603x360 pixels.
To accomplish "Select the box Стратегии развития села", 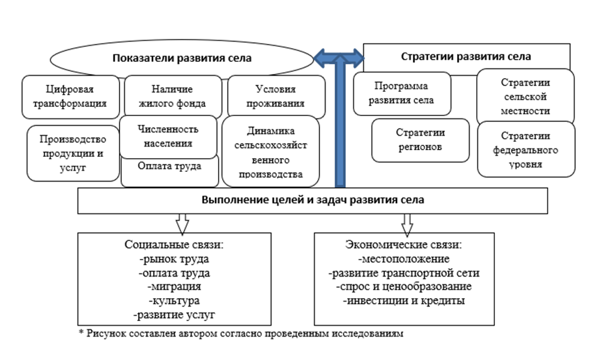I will pyautogui.click(x=466, y=57).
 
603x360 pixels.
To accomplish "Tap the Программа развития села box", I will pyautogui.click(x=402, y=93).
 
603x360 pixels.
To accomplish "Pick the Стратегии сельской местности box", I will pyautogui.click(x=526, y=97).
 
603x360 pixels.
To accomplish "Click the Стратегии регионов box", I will pyautogui.click(x=420, y=140).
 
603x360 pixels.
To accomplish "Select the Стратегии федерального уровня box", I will pyautogui.click(x=526, y=149).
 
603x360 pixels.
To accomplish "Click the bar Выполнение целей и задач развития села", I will pyautogui.click(x=312, y=200).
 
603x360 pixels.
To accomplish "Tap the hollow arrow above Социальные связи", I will pyautogui.click(x=183, y=223).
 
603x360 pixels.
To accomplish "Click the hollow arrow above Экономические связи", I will pyautogui.click(x=407, y=223).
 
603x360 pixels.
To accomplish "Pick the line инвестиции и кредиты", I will pyautogui.click(x=404, y=301).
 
